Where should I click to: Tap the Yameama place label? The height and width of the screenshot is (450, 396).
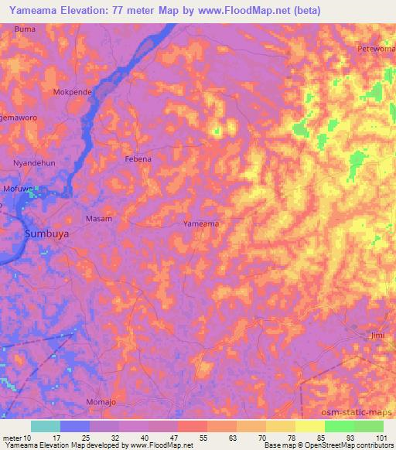coord(200,223)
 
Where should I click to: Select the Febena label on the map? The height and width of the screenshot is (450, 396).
coord(138,159)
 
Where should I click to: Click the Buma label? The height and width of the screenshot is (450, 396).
coord(25,29)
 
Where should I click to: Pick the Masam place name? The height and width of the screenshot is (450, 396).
coord(98,219)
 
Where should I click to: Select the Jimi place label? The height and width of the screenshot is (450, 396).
coord(377,335)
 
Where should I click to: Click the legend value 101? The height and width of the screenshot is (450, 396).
coord(383,437)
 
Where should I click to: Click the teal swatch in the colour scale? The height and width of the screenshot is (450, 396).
coord(46,426)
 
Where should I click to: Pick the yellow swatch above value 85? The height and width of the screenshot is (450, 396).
coord(309,426)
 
